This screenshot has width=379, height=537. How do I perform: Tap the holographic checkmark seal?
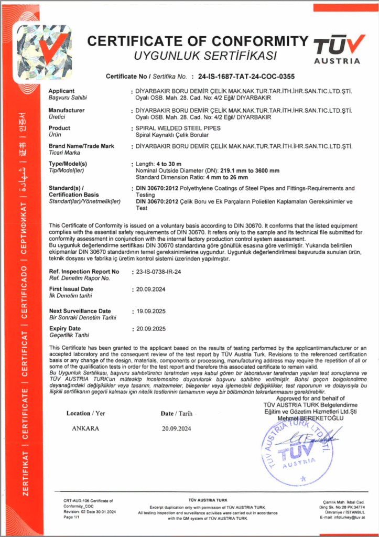(41, 50)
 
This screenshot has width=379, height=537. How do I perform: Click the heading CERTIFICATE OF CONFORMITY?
(198, 41)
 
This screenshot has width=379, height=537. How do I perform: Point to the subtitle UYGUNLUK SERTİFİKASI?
(198, 55)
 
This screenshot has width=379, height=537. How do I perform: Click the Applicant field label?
(61, 91)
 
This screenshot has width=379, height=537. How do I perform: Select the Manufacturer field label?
(67, 110)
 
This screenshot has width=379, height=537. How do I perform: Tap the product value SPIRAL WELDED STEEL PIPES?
(178, 128)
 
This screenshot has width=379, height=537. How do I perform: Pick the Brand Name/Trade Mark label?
(81, 146)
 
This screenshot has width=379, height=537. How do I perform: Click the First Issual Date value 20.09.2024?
(150, 289)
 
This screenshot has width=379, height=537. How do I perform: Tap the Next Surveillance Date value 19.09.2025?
(150, 311)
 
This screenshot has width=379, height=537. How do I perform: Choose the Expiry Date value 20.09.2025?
(150, 328)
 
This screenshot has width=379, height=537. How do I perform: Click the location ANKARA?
(85, 428)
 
